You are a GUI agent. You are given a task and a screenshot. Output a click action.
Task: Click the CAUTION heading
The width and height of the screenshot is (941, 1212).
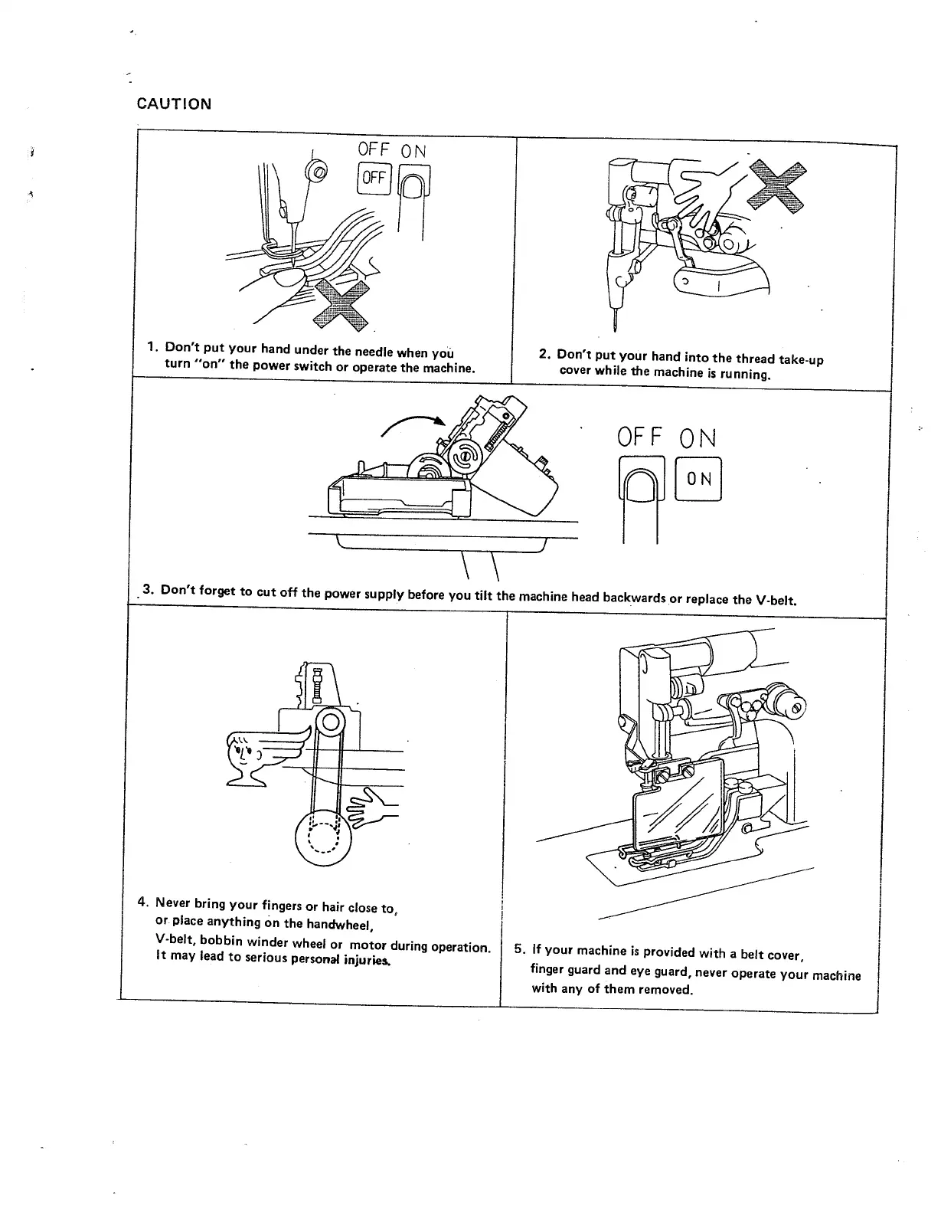[173, 103]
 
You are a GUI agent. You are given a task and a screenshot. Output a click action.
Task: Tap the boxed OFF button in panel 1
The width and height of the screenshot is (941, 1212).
[374, 178]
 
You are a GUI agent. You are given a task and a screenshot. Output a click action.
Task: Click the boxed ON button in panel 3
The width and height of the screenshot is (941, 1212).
[699, 479]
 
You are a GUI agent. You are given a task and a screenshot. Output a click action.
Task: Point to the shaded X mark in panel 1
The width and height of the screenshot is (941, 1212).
[342, 304]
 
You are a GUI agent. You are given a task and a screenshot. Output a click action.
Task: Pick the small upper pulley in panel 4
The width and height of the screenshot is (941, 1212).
[330, 721]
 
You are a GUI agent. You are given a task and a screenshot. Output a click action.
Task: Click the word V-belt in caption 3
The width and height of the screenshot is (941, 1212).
[776, 599]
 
